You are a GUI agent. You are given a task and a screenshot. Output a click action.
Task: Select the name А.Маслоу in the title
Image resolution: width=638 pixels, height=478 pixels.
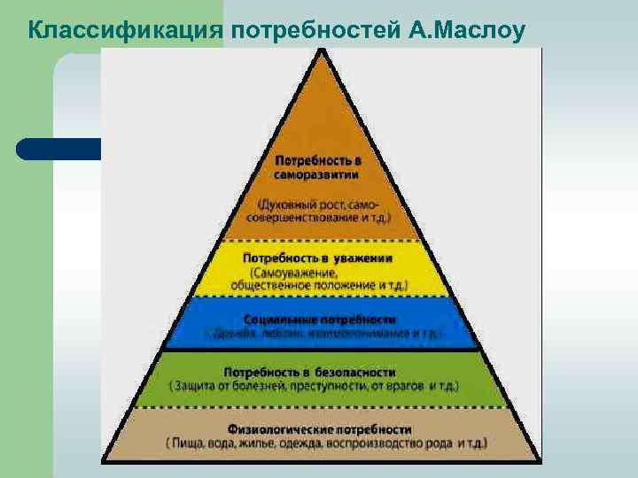[x=469, y=31]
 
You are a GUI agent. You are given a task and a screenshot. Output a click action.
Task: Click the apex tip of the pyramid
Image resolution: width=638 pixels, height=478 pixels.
[x=321, y=50]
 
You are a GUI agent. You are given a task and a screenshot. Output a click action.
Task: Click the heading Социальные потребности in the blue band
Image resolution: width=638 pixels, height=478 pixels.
[x=320, y=319]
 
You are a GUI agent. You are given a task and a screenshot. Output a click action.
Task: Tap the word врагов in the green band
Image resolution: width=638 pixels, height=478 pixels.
[x=407, y=387]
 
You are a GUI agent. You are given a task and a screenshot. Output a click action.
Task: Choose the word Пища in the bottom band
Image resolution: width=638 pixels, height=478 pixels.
[x=189, y=442]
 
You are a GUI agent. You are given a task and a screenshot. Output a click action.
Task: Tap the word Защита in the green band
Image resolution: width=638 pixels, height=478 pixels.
[x=198, y=387]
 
